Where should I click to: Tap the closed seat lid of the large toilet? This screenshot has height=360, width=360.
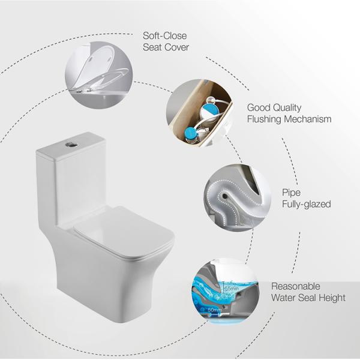point(123,231)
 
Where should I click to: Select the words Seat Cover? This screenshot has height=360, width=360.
point(166,47)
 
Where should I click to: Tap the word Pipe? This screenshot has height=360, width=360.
point(292,193)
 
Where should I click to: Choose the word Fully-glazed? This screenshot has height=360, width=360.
point(306,205)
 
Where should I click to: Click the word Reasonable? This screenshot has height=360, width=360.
point(296,286)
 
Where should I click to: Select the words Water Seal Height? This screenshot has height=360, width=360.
point(308,298)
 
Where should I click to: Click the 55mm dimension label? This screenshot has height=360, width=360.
point(231,289)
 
